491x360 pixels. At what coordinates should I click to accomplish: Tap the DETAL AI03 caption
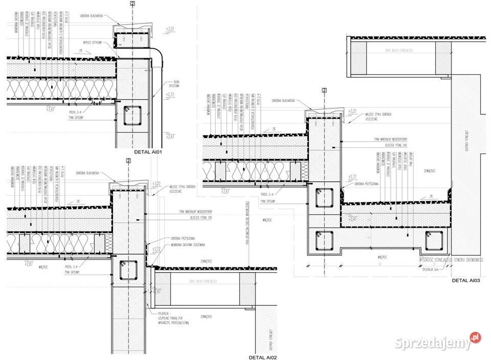coord(465,281)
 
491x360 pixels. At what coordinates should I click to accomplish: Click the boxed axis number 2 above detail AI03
coord(324,89)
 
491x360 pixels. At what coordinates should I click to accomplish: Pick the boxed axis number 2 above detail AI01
coord(132,4)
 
